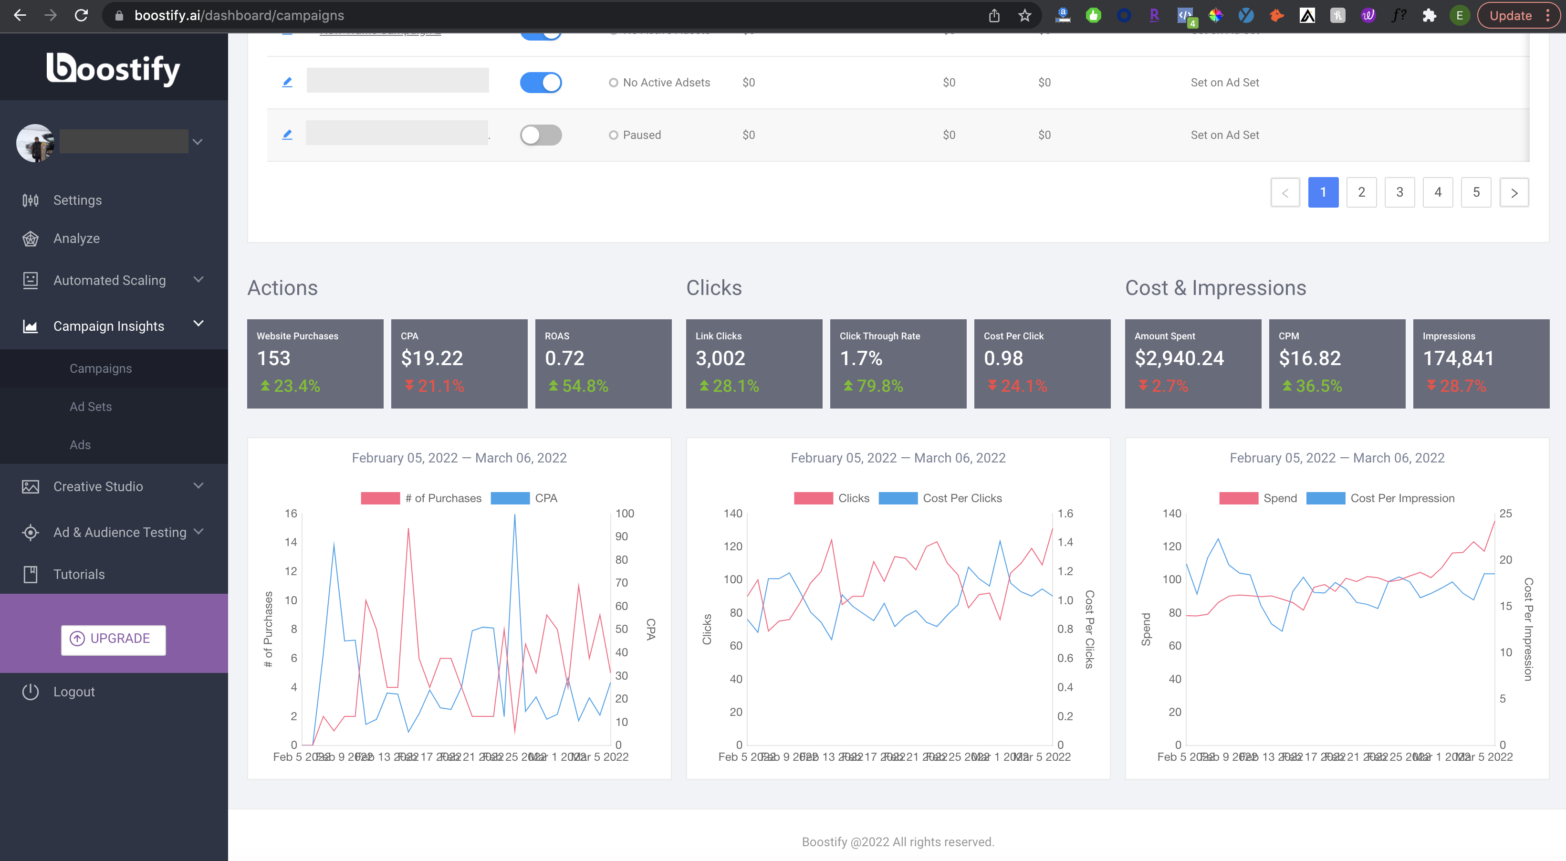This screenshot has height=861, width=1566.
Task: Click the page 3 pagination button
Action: pyautogui.click(x=1399, y=192)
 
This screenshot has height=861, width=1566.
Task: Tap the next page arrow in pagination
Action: pyautogui.click(x=1514, y=193)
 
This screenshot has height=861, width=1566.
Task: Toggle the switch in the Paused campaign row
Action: pyautogui.click(x=541, y=135)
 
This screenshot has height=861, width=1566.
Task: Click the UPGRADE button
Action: pyautogui.click(x=113, y=639)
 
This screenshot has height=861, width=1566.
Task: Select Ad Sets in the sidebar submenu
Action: pyautogui.click(x=91, y=407)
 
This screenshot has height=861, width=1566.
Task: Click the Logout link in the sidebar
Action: pyautogui.click(x=73, y=692)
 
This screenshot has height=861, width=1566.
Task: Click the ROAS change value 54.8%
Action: pyautogui.click(x=584, y=386)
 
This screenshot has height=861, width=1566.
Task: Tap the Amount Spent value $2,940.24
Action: pyautogui.click(x=1179, y=359)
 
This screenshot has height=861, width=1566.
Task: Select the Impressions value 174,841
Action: pyautogui.click(x=1458, y=359)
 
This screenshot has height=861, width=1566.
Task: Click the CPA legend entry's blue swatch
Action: pyautogui.click(x=510, y=498)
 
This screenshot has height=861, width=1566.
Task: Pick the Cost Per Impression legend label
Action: pyautogui.click(x=1402, y=498)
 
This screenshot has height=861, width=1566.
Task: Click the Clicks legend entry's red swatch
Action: pyautogui.click(x=813, y=498)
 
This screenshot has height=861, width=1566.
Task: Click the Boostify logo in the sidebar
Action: pyautogui.click(x=114, y=68)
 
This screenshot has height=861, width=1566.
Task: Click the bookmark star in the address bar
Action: pyautogui.click(x=1024, y=15)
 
